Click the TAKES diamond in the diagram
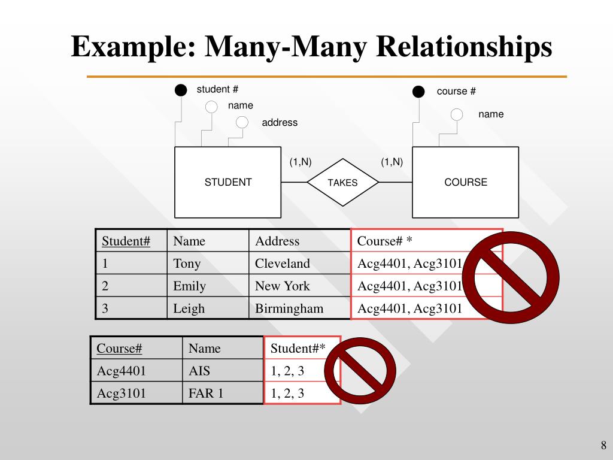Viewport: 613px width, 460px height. click(x=342, y=182)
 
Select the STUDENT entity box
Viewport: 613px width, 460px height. click(x=227, y=182)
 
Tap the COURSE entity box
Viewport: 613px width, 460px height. click(x=466, y=182)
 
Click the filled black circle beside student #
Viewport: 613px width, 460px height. click(x=181, y=90)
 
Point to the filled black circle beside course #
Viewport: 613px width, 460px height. click(x=418, y=92)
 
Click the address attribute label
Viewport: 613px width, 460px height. click(x=280, y=123)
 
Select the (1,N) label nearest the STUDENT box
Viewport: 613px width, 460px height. click(x=301, y=162)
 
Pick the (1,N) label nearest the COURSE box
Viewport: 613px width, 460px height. click(x=392, y=162)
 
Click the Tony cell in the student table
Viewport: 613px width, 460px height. click(x=187, y=264)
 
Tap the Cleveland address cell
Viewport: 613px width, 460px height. click(x=283, y=264)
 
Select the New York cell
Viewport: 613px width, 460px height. click(x=283, y=286)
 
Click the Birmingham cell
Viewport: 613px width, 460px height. click(x=289, y=308)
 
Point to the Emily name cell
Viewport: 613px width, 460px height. click(x=190, y=286)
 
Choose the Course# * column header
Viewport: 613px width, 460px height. click(x=385, y=241)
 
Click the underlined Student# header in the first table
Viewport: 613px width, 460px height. click(x=126, y=241)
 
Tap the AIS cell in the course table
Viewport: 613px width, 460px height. click(x=199, y=371)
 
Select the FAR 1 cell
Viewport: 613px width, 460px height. click(x=206, y=394)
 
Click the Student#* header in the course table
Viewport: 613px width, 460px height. click(x=298, y=349)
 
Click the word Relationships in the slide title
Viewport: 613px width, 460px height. click(x=464, y=47)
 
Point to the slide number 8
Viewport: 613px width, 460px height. click(x=603, y=445)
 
